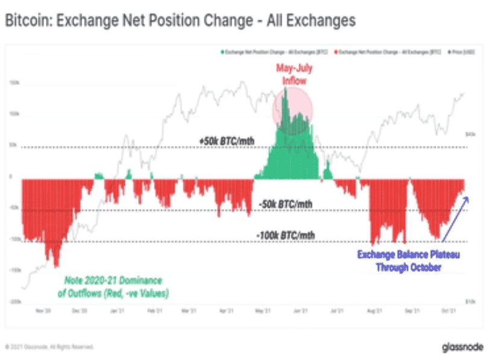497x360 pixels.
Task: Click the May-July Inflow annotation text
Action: (x=293, y=74)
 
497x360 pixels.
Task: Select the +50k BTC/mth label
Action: (x=226, y=141)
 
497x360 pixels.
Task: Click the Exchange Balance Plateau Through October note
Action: (x=408, y=261)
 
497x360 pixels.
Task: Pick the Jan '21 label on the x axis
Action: (x=117, y=311)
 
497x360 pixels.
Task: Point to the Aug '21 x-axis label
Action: (x=375, y=311)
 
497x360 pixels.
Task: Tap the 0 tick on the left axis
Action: (x=10, y=177)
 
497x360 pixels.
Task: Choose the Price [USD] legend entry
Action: (x=461, y=52)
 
